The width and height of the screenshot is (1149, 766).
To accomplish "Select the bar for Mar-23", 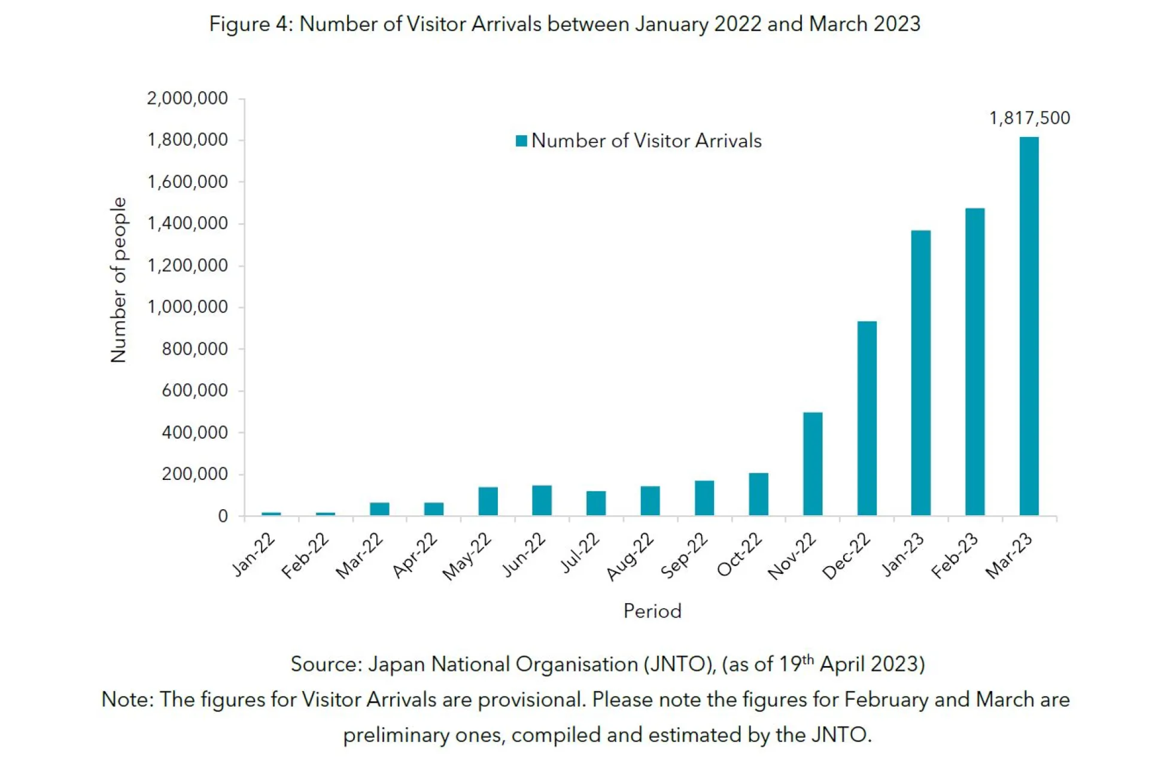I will [1029, 326].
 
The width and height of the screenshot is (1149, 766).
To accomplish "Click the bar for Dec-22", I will [867, 418].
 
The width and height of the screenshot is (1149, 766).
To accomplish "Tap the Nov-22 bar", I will [813, 464].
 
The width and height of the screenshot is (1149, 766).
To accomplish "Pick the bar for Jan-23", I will [921, 373].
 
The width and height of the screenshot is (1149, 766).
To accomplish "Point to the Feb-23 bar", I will [975, 362].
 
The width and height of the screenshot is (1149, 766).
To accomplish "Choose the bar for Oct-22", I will [758, 494].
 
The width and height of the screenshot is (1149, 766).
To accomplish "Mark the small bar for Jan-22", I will [271, 513].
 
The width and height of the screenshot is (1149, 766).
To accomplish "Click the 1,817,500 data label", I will [1029, 118].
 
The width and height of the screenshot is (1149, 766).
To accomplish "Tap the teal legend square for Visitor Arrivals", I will [521, 141].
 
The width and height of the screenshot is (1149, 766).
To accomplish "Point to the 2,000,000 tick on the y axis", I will [187, 98].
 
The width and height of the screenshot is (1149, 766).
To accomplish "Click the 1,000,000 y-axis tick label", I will [187, 307].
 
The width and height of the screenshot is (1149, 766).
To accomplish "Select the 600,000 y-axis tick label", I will [194, 391].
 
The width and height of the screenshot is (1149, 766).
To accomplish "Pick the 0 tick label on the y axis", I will [223, 516].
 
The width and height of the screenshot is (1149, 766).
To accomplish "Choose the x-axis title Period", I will [652, 611].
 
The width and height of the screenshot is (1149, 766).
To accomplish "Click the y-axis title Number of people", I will [118, 280].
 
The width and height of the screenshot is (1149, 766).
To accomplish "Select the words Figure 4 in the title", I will [248, 24].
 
